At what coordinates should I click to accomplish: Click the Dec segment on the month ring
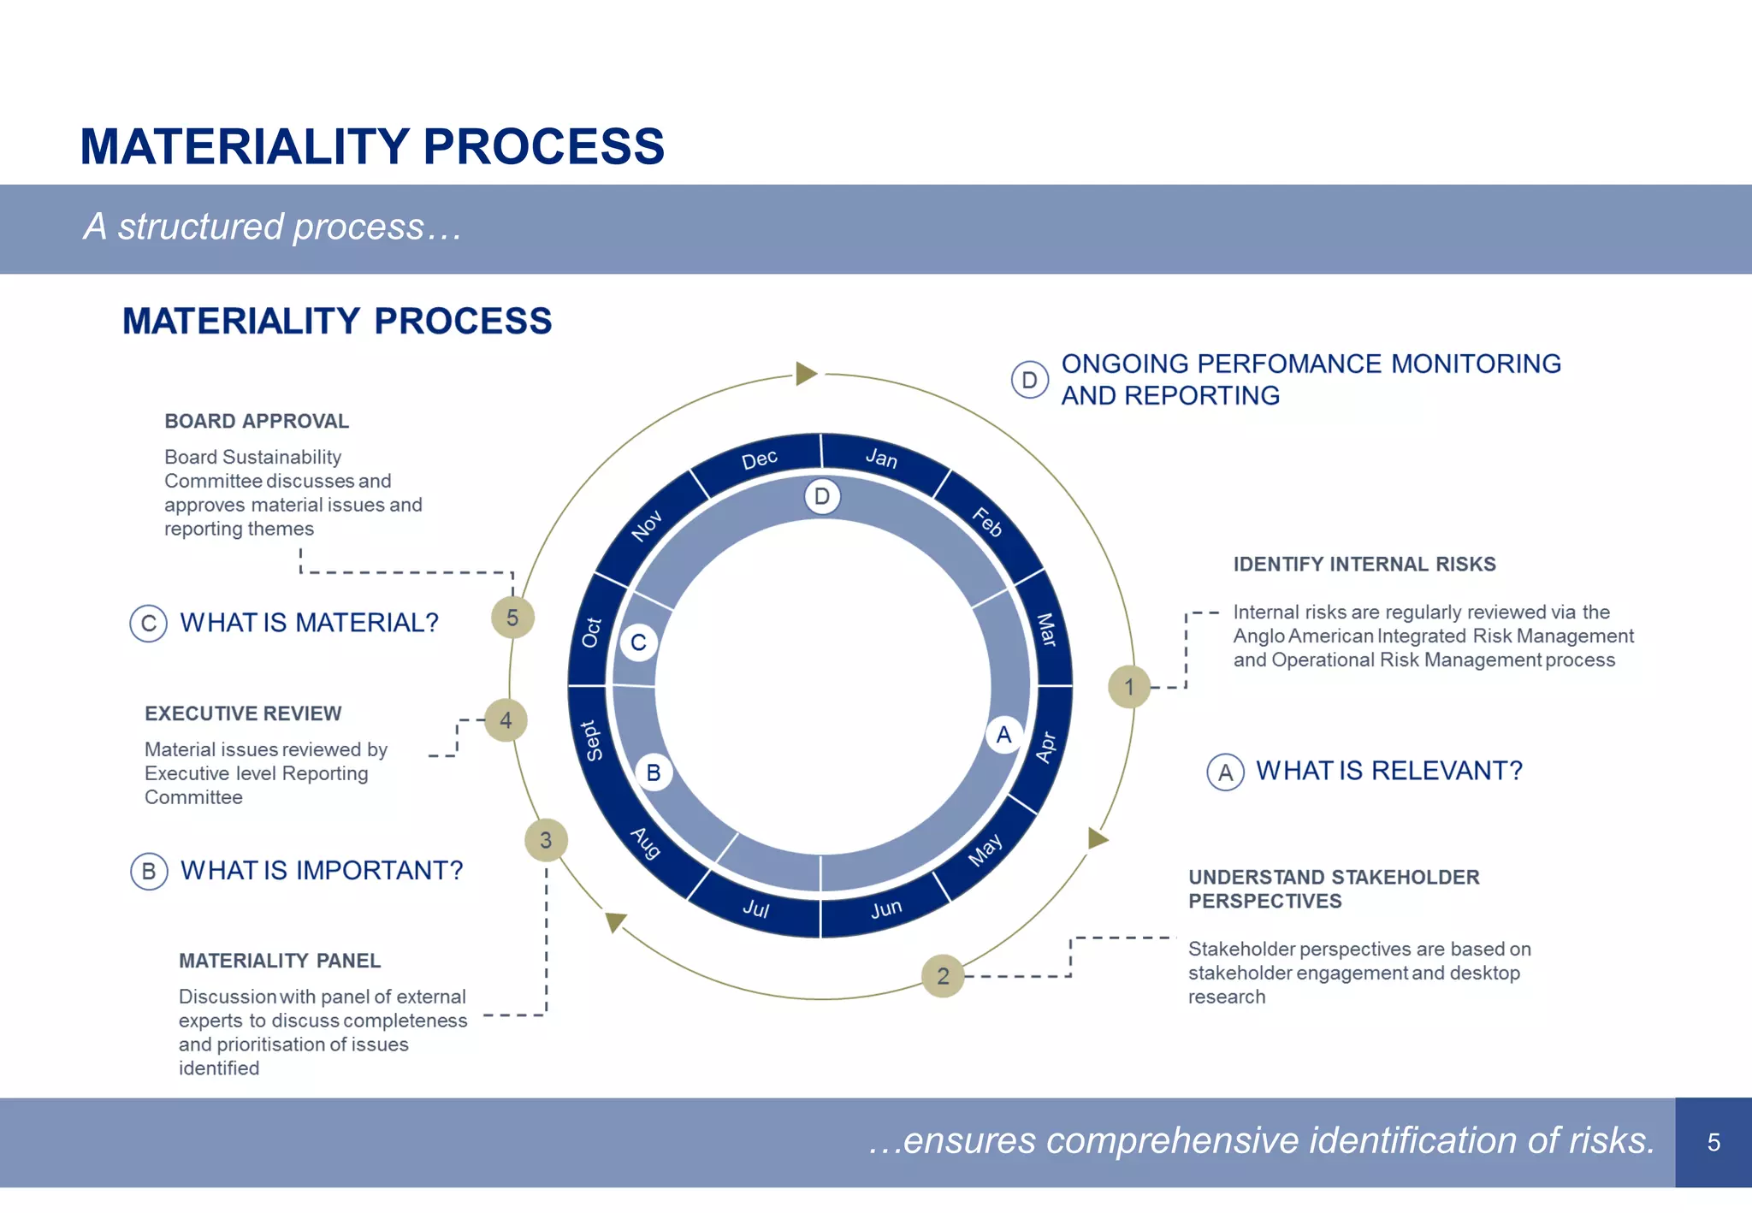759,459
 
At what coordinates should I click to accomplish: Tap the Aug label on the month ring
646,843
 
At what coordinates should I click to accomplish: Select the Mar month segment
1046,630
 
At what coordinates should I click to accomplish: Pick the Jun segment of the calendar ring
886,908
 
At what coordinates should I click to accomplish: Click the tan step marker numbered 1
1129,686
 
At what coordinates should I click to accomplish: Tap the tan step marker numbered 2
943,975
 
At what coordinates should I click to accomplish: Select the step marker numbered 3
546,840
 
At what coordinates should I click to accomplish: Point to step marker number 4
506,720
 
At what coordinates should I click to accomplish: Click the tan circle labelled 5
512,618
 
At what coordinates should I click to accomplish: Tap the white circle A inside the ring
1003,735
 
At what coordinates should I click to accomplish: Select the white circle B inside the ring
654,772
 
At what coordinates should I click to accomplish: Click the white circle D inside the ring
822,496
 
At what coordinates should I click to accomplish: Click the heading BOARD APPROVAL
257,421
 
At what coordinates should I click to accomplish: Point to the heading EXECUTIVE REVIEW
243,713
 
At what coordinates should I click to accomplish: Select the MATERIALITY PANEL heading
280,961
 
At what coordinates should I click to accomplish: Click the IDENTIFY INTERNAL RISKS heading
1364,564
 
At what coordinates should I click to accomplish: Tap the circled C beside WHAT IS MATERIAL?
148,623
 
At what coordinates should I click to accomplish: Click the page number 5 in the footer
1713,1142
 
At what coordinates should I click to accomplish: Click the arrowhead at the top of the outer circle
806,374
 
